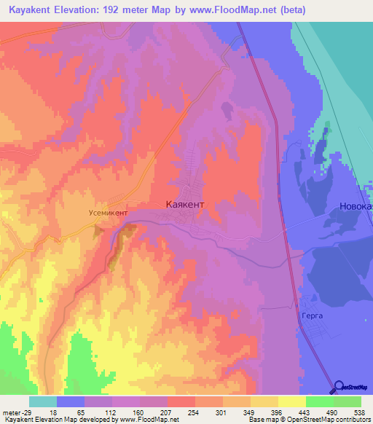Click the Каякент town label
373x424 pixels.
pyautogui.click(x=191, y=205)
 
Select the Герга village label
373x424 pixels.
pyautogui.click(x=310, y=317)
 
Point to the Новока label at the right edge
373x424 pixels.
pyautogui.click(x=356, y=207)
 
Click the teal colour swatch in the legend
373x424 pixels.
pyautogui.click(x=43, y=401)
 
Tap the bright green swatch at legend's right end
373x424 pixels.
pyautogui.click(x=348, y=401)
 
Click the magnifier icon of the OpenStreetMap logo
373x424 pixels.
pyautogui.click(x=339, y=386)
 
